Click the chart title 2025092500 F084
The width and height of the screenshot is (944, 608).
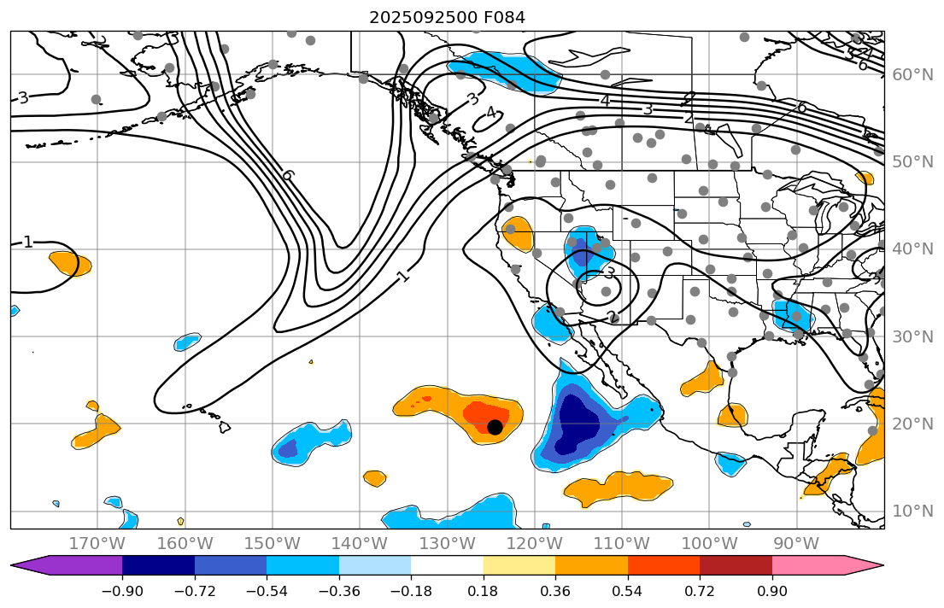[x=447, y=17]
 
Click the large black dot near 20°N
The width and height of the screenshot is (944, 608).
[x=495, y=427]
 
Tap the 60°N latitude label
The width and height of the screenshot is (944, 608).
[x=913, y=74]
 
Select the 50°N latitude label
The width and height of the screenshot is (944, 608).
[x=913, y=162]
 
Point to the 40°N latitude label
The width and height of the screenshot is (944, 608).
[x=913, y=249]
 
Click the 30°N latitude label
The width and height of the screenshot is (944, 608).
[x=913, y=336]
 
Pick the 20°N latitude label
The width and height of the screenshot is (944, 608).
[x=913, y=424]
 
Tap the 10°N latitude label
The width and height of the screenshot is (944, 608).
[x=913, y=512]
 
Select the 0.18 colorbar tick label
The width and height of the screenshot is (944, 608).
[x=484, y=592]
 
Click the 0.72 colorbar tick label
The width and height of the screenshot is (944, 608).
[x=700, y=592]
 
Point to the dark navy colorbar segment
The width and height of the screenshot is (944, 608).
[x=158, y=565]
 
